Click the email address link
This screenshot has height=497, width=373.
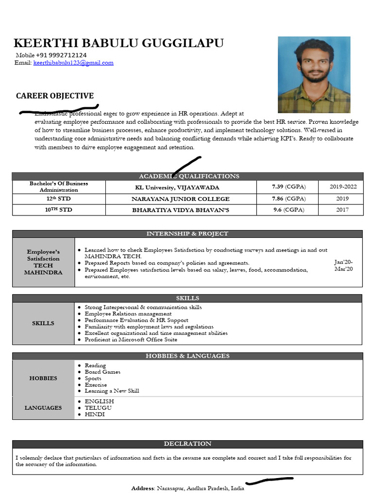coord(73,63)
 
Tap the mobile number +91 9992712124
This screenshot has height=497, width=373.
coord(61,55)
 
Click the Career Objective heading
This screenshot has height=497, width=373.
coord(55,96)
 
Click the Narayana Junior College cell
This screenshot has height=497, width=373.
coord(181,199)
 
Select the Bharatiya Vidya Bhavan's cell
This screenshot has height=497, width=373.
coord(181,210)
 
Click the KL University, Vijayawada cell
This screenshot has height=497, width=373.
coord(177,187)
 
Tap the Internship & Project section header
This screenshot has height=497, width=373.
coord(187,233)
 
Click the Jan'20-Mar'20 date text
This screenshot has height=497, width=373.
coord(343,265)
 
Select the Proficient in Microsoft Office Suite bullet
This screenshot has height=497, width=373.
coord(131,340)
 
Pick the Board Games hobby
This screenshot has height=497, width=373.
coord(102,372)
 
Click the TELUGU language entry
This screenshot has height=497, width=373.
coord(98,408)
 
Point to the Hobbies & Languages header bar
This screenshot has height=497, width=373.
coord(187,356)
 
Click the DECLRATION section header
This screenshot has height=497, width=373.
coord(187,444)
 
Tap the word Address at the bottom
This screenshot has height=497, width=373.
coord(142,488)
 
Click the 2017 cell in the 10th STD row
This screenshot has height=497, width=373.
coord(343,210)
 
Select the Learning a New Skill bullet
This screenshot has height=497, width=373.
coord(112,391)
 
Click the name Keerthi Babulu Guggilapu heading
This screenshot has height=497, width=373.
coord(119,43)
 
